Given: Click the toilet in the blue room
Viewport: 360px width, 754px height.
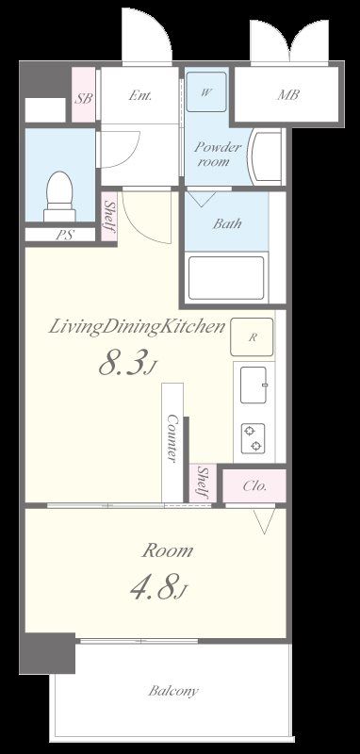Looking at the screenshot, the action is tap(60, 197).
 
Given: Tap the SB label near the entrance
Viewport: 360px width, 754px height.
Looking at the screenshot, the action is tap(83, 98).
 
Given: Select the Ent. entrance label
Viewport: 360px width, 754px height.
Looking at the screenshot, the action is tap(140, 95).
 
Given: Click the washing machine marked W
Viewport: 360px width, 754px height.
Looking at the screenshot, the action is tap(206, 91).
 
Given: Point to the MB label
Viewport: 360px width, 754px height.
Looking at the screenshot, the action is tap(287, 95).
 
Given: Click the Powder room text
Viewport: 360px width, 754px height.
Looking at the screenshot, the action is tap(218, 154).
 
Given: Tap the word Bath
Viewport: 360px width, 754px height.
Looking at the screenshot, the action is tap(227, 223).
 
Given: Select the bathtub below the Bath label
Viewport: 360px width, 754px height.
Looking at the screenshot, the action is tap(226, 278).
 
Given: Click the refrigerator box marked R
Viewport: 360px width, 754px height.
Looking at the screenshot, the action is tap(252, 336).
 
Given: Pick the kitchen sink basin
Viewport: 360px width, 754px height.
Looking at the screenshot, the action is tap(254, 385).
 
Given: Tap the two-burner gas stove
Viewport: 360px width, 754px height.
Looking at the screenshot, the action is tap(254, 438).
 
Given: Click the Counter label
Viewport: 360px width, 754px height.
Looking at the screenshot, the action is tap(172, 438).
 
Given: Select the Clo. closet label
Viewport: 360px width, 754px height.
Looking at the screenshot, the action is tap(254, 485).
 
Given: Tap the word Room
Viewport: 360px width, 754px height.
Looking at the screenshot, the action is tap(167, 550).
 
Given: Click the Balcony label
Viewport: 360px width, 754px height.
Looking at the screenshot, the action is tap(173, 692).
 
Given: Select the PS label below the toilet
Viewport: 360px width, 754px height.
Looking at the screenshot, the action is tap(61, 235).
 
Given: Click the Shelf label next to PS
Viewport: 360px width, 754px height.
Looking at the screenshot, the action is tap(109, 216).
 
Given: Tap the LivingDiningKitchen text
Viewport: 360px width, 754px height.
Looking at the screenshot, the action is tap(137, 327).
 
